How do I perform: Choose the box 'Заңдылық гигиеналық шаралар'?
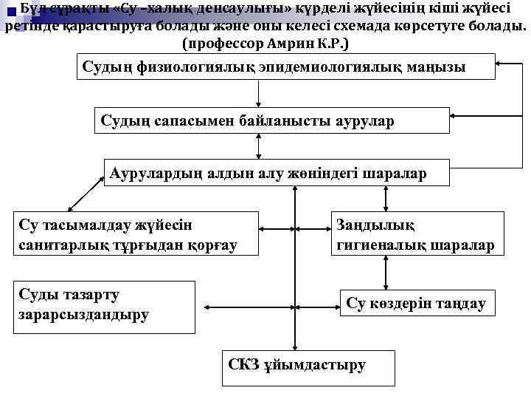415,233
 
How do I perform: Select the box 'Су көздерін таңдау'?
417,303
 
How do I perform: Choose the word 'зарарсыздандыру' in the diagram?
82,314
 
